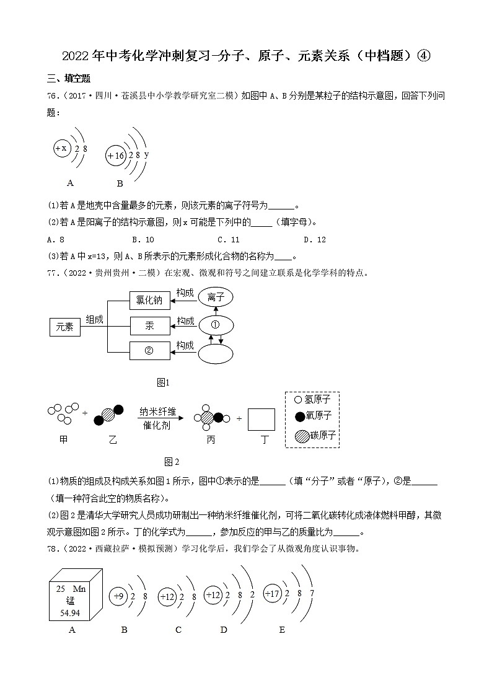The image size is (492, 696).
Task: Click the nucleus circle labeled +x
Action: coord(61,148)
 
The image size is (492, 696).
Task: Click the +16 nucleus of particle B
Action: coord(116,156)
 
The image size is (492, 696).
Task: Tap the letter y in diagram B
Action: coord(146,154)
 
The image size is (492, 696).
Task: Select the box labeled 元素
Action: coord(64,327)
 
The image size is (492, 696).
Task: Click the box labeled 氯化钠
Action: coord(149,301)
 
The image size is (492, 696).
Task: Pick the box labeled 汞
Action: coord(149,325)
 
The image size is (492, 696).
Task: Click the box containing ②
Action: coord(149,350)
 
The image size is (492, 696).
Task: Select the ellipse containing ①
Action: coord(215,324)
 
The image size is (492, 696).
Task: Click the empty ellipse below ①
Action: coord(215,353)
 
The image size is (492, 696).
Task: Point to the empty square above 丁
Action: coord(261,419)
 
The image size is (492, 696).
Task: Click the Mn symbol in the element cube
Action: coord(79,589)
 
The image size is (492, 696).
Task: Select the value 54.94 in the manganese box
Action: coord(70,613)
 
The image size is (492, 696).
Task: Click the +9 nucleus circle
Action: coord(119,596)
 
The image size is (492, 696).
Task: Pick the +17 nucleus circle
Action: coord(272,593)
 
